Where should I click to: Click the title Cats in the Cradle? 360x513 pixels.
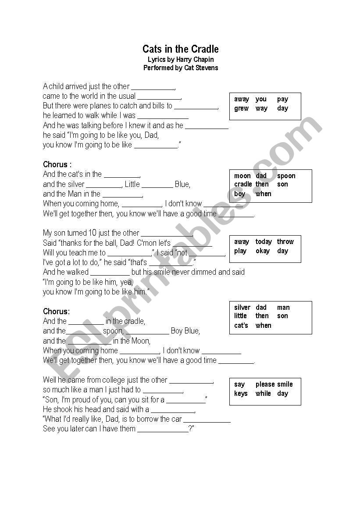coord(180,49)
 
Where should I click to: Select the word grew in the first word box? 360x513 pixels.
coord(241,108)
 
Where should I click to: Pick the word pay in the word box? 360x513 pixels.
coord(282,99)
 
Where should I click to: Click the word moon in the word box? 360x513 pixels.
coord(242,176)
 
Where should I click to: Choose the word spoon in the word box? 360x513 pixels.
coord(286,176)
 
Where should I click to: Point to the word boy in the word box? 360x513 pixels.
coord(240,194)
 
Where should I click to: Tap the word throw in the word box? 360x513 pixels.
coord(285,242)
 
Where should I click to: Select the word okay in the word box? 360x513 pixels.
coord(263,251)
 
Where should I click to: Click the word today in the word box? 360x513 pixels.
coord(264,242)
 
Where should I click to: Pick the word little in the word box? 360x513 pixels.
coord(240,316)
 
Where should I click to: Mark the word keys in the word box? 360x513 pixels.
coord(241,394)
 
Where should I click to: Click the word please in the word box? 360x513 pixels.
coord(265,384)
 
